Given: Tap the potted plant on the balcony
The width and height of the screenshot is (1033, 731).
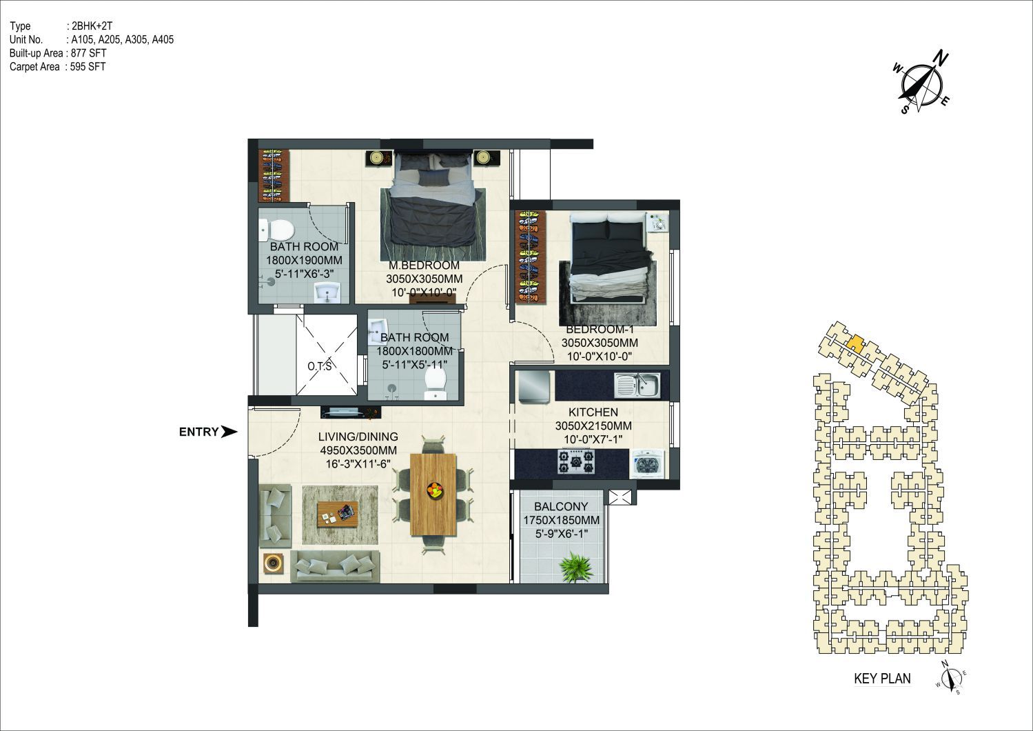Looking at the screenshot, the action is click(576, 567).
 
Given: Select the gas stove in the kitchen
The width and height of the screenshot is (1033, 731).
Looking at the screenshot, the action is click(575, 461).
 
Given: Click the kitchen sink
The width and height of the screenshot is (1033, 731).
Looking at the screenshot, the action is click(637, 385).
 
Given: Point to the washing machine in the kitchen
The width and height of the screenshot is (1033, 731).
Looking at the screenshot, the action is click(648, 464).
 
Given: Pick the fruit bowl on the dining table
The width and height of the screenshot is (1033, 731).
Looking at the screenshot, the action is click(434, 490).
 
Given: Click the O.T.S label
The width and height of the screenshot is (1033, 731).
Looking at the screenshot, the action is click(320, 366).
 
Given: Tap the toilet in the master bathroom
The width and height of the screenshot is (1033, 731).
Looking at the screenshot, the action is click(276, 230).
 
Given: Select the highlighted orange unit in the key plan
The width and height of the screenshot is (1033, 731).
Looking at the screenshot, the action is click(855, 343).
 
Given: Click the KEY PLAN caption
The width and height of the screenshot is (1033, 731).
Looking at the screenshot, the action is click(882, 679).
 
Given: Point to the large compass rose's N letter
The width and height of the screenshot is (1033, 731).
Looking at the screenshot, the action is click(941, 59).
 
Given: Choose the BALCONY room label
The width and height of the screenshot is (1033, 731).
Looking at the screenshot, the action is click(561, 506).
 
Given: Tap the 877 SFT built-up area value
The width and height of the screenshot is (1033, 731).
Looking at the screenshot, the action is click(88, 53).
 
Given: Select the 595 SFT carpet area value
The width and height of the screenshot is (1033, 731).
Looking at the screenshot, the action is click(88, 66).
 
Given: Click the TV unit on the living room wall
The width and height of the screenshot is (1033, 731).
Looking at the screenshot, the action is click(351, 412).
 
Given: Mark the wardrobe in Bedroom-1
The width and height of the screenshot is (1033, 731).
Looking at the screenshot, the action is click(531, 257).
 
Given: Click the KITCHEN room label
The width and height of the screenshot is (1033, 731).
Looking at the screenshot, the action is click(593, 412).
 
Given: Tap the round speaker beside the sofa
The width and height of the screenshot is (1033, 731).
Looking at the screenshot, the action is click(272, 563).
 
